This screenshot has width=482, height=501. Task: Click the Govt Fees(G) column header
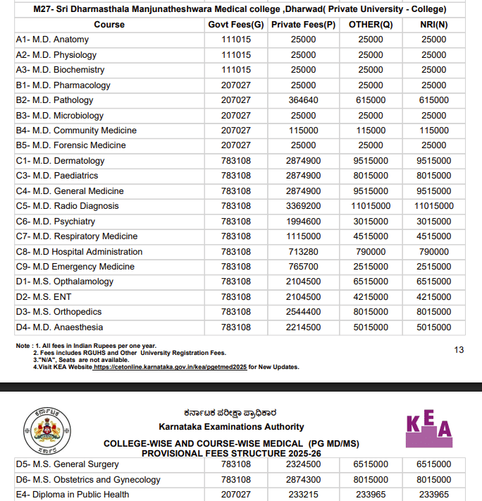point(236,25)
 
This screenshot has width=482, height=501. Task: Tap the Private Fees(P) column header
point(303,25)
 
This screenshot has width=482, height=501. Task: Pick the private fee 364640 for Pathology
point(303,100)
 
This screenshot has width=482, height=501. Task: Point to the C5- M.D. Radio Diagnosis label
point(67,206)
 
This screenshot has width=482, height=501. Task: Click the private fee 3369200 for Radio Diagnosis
point(303,206)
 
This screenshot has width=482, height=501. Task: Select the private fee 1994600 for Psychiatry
point(303,222)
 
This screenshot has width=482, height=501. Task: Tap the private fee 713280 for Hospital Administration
point(303,252)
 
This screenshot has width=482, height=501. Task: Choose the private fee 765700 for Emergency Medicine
point(303,267)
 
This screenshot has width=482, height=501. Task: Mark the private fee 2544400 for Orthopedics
point(303,312)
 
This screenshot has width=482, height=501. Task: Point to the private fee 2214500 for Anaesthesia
point(303,327)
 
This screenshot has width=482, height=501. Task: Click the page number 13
point(459,350)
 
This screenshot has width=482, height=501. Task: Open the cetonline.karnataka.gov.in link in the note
point(170,367)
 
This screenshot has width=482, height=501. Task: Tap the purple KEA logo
point(429,428)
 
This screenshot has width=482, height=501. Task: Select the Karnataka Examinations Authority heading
point(232,427)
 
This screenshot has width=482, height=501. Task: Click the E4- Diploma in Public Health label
point(72,495)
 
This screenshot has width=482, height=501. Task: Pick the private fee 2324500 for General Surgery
point(303,464)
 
